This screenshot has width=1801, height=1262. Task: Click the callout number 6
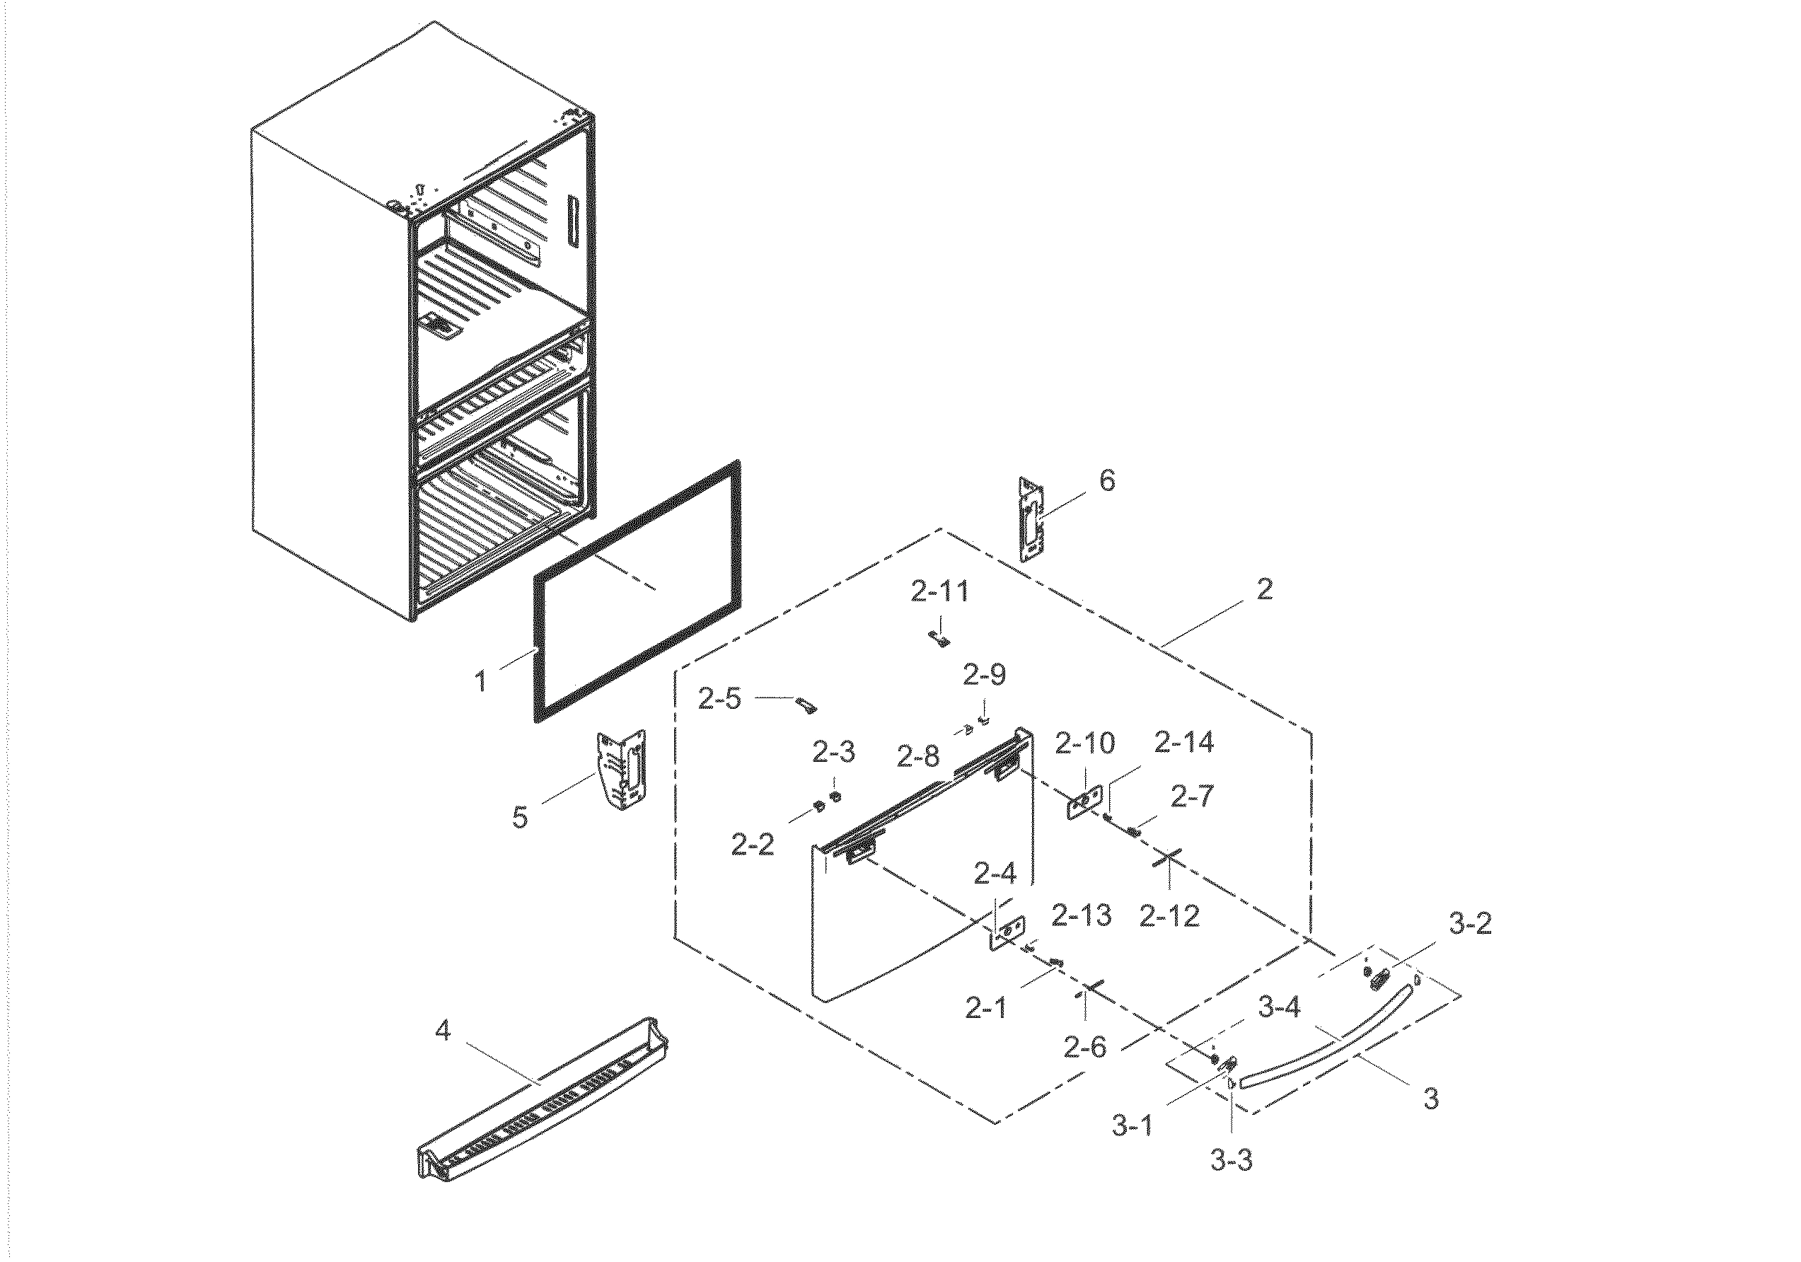click(1107, 481)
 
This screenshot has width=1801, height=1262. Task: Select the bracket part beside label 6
click(1032, 519)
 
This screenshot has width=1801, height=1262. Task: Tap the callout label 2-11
click(939, 591)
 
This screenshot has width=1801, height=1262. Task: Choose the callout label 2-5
click(719, 699)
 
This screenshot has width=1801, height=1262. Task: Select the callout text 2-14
click(1184, 742)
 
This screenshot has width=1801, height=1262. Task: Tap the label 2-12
click(1169, 915)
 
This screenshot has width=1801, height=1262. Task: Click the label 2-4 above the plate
click(995, 873)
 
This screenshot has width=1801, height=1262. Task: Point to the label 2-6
click(1085, 1046)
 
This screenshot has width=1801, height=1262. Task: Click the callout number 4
click(444, 1030)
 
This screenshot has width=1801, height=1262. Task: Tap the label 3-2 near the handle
click(1469, 924)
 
